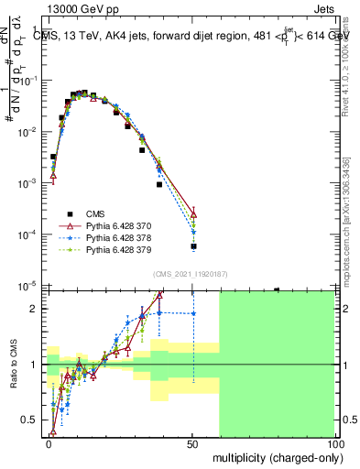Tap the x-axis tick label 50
click(192, 443)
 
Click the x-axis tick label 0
click(49, 443)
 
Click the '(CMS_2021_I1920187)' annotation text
click(191, 274)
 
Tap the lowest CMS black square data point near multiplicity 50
click(193, 246)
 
